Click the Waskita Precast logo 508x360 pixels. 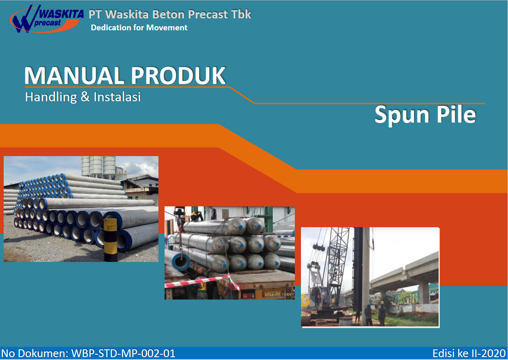coord(47,19)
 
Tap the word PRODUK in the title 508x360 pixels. coord(178,76)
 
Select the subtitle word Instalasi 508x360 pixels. coord(117,97)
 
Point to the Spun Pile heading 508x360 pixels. coord(425,115)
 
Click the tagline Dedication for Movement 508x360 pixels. coord(139,28)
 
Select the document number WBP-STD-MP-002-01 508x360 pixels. coord(123,353)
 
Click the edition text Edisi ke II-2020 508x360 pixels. coord(469,353)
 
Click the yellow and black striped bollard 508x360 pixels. coord(110,240)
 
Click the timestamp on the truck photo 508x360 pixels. coord(278,295)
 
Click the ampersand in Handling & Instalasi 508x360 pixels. coord(85,97)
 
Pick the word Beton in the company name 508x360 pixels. coord(169,14)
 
